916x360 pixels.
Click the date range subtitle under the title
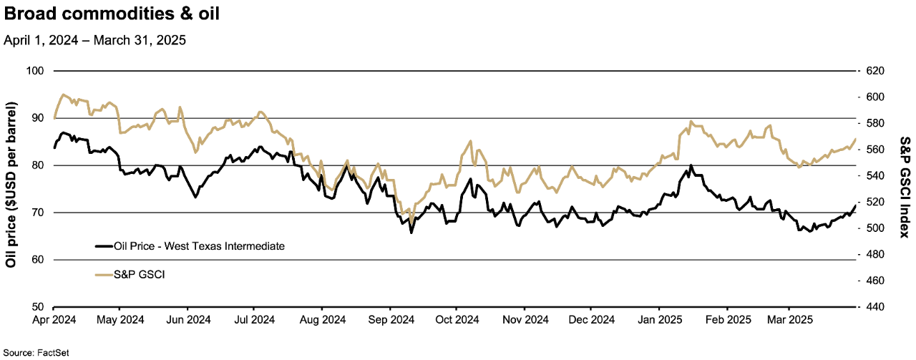pos(94,41)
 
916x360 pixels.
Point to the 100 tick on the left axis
pos(36,71)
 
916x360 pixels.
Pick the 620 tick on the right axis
pos(875,71)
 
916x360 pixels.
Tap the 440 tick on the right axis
pos(875,307)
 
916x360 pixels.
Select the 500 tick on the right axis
pos(875,228)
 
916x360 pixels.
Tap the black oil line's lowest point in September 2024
pos(411,233)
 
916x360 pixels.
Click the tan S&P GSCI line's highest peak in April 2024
pos(63,94)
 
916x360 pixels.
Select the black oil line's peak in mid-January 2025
pos(691,165)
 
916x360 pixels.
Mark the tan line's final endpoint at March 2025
pos(856,139)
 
